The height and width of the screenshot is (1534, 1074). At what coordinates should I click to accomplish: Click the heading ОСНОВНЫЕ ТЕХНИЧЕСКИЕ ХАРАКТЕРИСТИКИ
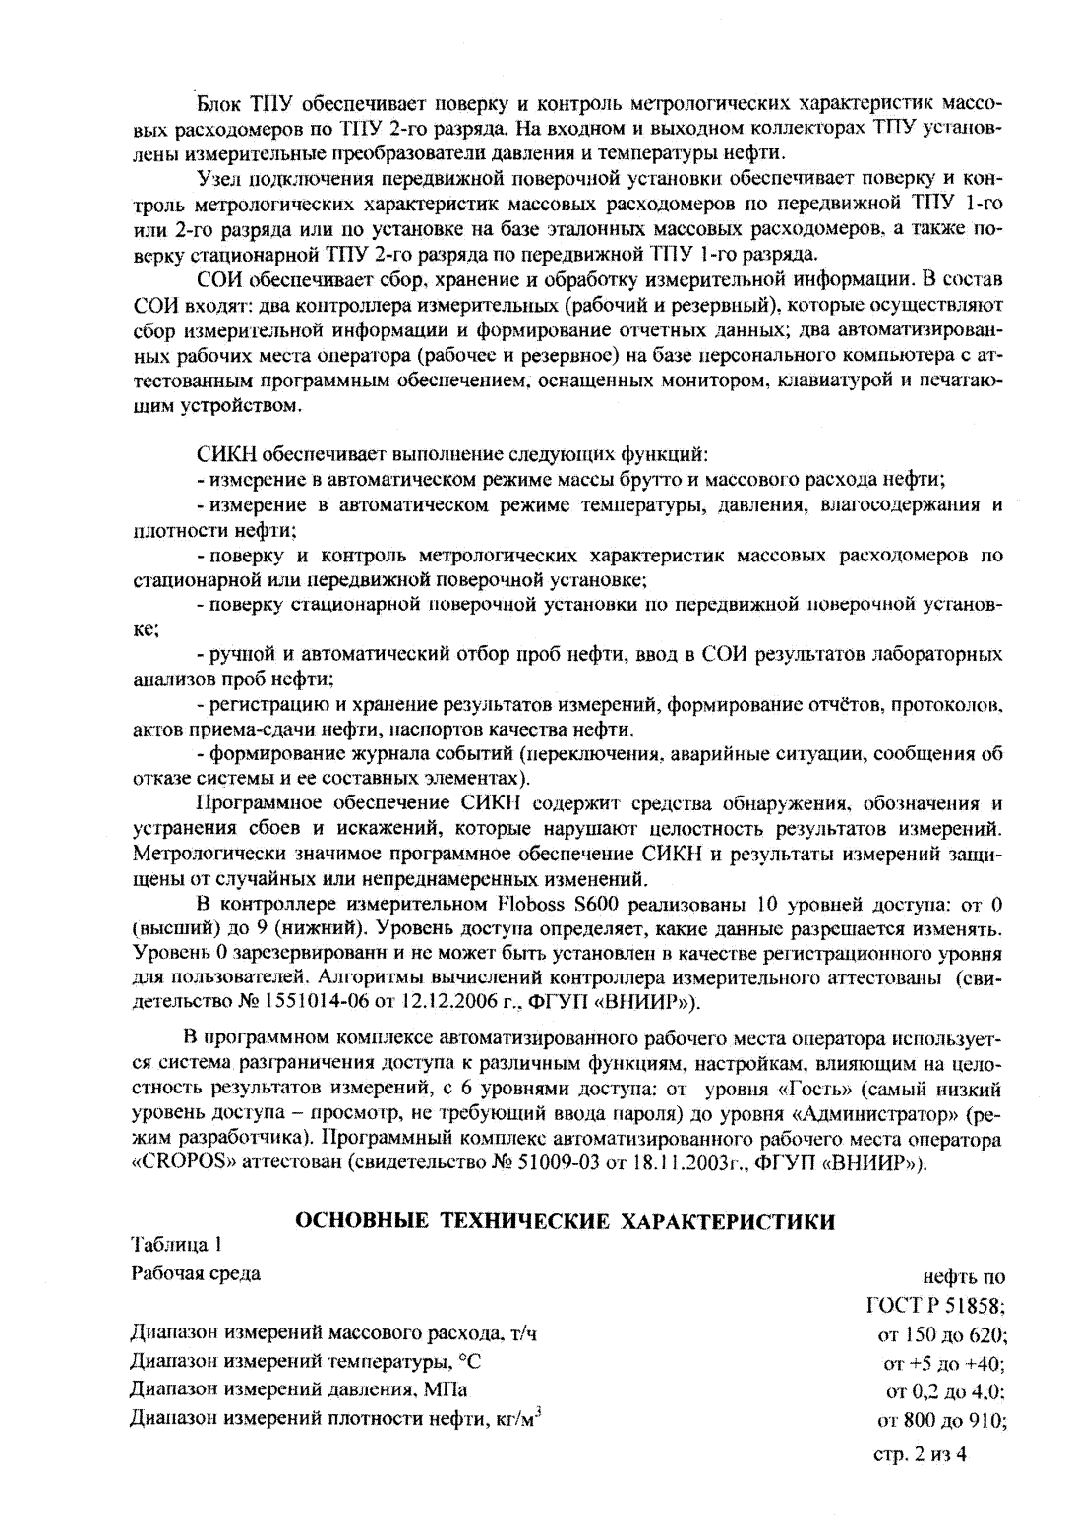pyautogui.click(x=566, y=1222)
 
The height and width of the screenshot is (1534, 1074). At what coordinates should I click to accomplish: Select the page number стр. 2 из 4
pyautogui.click(x=920, y=1454)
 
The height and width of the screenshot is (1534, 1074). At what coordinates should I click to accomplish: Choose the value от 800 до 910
pyautogui.click(x=940, y=1420)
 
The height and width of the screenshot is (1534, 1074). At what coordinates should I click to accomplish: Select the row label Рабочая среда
pyautogui.click(x=197, y=1274)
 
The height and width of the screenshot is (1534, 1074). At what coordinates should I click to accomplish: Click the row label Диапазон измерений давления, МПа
pyautogui.click(x=300, y=1390)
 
